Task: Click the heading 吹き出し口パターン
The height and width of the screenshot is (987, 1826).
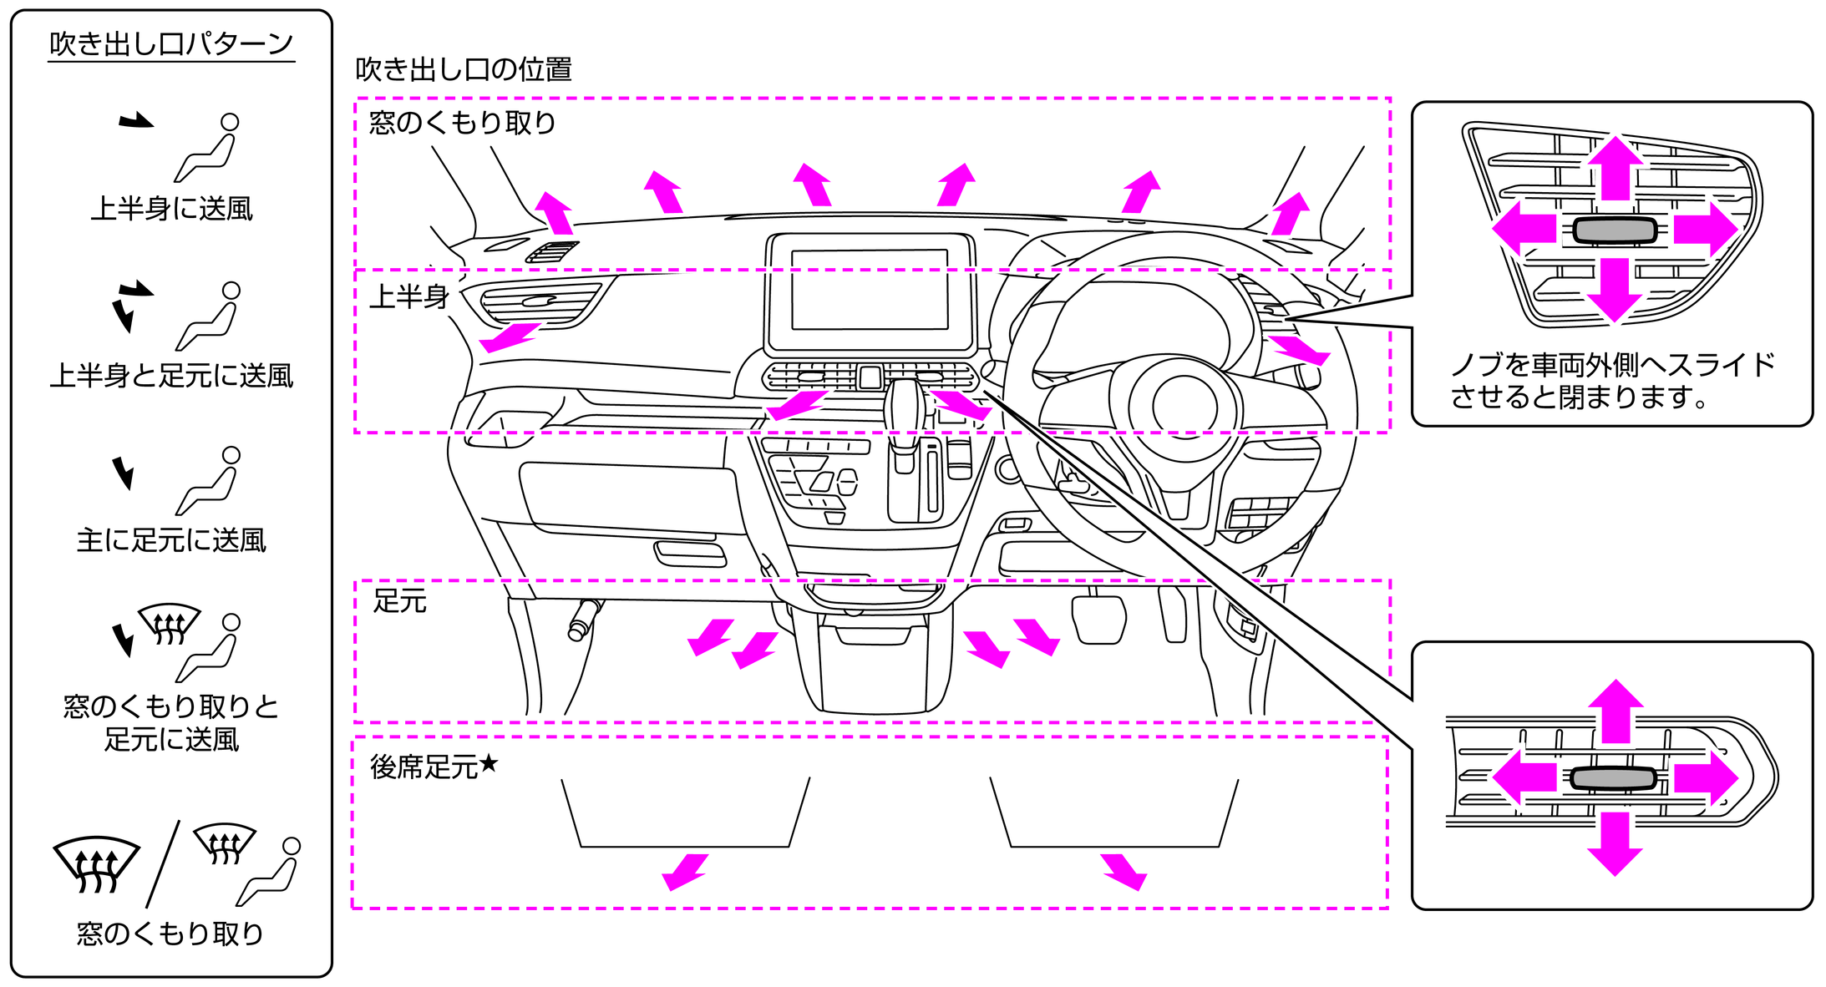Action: (171, 43)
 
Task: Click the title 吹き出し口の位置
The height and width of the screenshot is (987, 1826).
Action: (464, 69)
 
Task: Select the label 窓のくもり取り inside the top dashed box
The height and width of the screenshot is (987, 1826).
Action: (463, 123)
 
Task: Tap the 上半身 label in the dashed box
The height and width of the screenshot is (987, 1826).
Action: (409, 296)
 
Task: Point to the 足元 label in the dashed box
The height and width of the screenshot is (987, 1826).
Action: (400, 600)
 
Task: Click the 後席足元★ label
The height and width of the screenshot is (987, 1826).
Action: (434, 766)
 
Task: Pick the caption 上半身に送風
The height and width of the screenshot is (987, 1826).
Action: (171, 208)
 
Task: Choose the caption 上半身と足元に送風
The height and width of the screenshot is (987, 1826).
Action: (171, 376)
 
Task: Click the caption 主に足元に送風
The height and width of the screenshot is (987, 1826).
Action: (171, 540)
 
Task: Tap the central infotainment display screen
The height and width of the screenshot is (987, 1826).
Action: (870, 290)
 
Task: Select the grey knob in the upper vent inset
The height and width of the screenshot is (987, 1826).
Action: (1614, 230)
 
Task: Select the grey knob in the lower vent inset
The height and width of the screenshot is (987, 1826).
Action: (1613, 778)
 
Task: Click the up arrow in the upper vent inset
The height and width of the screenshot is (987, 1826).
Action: (1616, 167)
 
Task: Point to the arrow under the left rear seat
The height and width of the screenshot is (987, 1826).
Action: (685, 871)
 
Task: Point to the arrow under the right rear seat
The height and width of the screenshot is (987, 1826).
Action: (1124, 871)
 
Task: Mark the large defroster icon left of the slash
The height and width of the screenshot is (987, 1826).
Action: (97, 864)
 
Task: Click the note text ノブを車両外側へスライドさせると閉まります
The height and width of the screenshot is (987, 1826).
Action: (1612, 381)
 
